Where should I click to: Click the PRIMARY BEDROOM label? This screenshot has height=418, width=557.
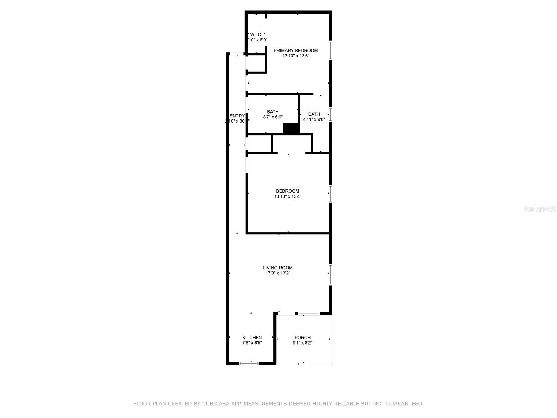click(296, 51)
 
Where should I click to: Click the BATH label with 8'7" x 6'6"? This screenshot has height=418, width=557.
click(273, 112)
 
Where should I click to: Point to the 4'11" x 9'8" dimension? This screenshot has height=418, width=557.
click(314, 119)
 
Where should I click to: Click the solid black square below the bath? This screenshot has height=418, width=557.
click(291, 129)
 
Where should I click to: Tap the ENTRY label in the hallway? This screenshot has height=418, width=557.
click(237, 116)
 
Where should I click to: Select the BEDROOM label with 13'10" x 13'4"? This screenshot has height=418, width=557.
click(288, 191)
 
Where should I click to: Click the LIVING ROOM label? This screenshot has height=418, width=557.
click(277, 268)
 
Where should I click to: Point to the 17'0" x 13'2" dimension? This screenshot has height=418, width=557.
click(277, 273)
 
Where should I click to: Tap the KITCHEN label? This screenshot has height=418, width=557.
click(252, 337)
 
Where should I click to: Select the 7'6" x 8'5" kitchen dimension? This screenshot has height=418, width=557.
click(252, 343)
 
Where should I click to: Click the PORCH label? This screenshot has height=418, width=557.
click(302, 337)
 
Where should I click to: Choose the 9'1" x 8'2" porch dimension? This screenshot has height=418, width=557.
click(302, 343)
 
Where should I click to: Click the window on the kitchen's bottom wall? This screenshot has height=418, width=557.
click(249, 363)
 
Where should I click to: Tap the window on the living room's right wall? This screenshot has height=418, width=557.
click(330, 274)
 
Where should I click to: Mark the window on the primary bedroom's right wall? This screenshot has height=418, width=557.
click(330, 50)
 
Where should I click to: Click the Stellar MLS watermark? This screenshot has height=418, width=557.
click(540, 209)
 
